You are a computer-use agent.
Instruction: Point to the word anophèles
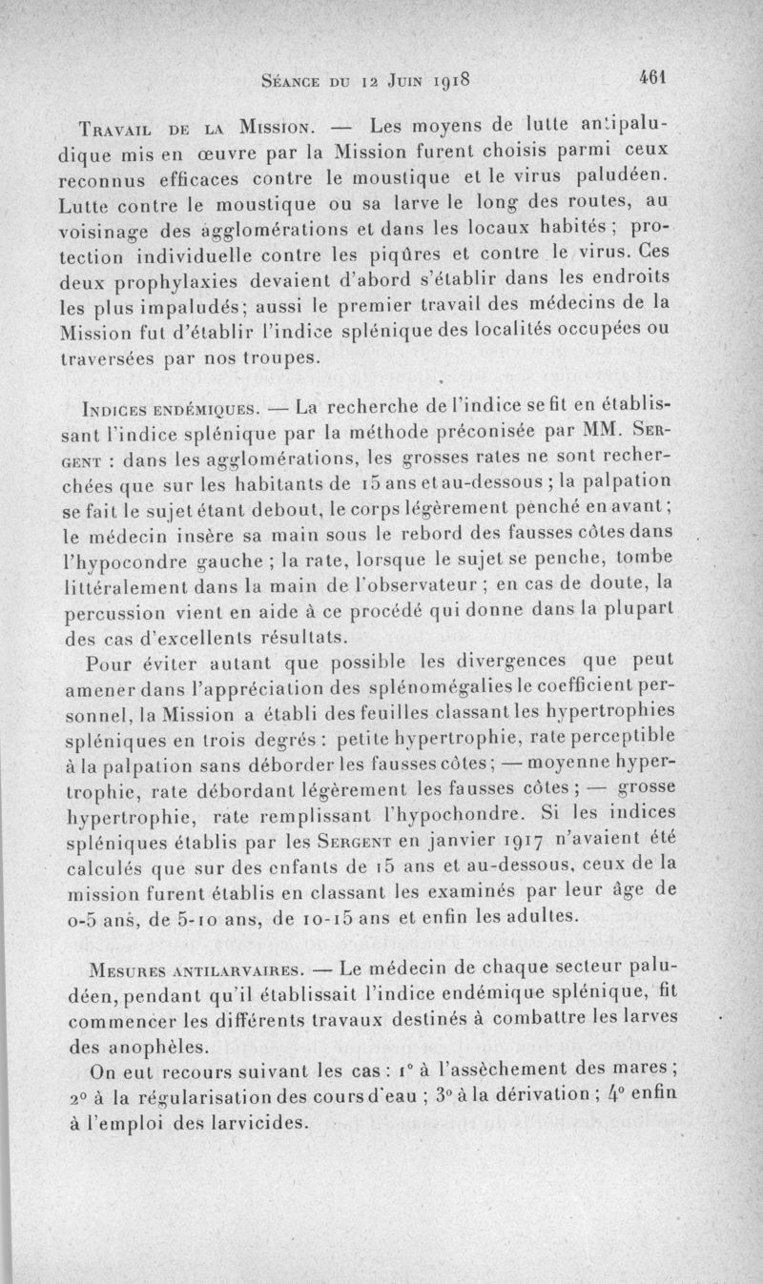146,1046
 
